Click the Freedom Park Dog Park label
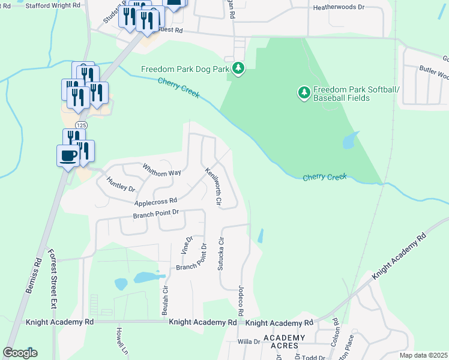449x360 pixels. click(185, 69)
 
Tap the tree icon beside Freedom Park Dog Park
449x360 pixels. click(239, 68)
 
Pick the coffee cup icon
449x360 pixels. click(67, 155)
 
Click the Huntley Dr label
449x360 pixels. click(121, 184)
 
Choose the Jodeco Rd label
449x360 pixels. click(241, 300)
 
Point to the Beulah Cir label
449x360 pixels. click(165, 303)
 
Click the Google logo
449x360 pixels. click(20, 353)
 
